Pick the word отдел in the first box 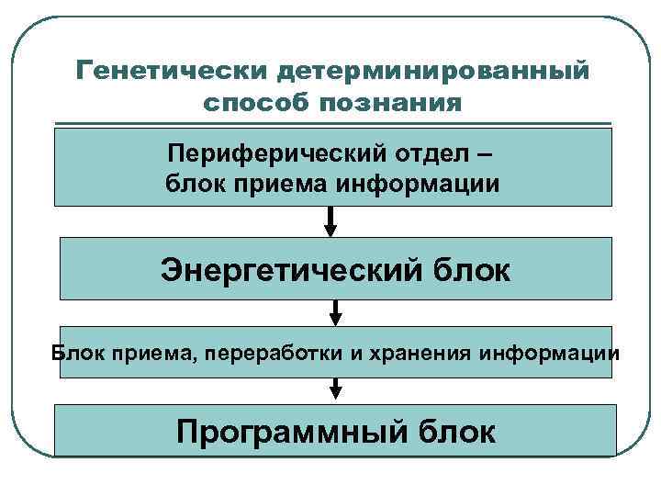pyautogui.click(x=410, y=152)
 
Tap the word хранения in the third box pyautogui.click(x=409, y=353)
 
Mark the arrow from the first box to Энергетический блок pyautogui.click(x=331, y=221)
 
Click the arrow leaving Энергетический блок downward pyautogui.click(x=335, y=312)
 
